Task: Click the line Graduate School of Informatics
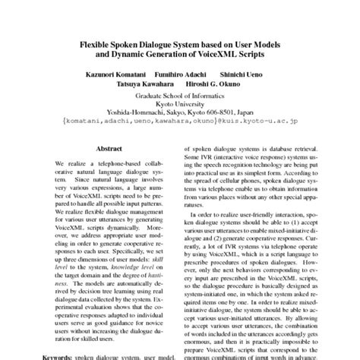click(180, 97)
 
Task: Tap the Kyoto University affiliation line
click(180, 106)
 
